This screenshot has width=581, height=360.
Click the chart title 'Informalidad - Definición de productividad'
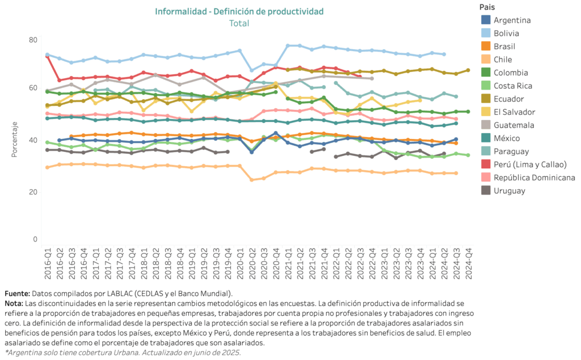tap(239, 11)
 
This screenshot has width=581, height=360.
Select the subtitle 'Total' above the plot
tap(239, 23)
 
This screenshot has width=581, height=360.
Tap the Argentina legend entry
tap(506, 20)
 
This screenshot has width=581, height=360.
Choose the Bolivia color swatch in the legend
tap(486, 33)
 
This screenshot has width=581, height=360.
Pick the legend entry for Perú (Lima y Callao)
tap(524, 164)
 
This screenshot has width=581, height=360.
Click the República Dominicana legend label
tap(534, 178)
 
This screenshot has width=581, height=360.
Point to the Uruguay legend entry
tap(503, 190)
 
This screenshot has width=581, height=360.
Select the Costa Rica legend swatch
tap(486, 86)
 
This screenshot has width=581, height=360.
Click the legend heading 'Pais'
tap(487, 7)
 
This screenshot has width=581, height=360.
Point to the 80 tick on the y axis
tap(33, 40)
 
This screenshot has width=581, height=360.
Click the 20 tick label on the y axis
tap(33, 192)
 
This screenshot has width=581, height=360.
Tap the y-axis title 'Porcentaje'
tap(14, 139)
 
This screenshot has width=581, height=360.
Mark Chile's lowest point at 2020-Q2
tap(252, 180)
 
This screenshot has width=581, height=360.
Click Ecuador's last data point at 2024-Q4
tap(468, 70)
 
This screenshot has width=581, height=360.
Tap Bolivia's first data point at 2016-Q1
tap(48, 55)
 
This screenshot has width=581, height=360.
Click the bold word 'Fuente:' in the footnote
tap(17, 294)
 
